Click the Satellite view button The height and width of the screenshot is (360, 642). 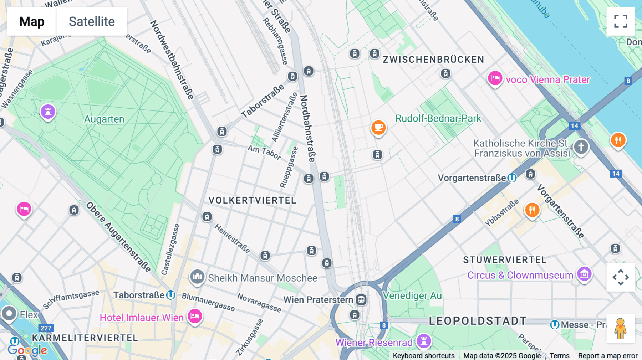pyautogui.click(x=92, y=21)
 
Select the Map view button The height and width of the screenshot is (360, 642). pyautogui.click(x=32, y=21)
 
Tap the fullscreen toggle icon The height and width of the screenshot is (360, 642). pyautogui.click(x=621, y=21)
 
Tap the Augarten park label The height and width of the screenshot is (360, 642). pyautogui.click(x=104, y=119)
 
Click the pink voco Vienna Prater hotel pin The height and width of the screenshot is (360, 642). pyautogui.click(x=495, y=78)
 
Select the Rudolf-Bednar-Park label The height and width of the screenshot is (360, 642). pyautogui.click(x=438, y=118)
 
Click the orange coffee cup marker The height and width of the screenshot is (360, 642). pyautogui.click(x=378, y=127)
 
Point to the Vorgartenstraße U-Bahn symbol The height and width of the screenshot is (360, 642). pyautogui.click(x=512, y=178)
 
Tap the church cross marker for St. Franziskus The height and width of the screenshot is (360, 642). pyautogui.click(x=581, y=146)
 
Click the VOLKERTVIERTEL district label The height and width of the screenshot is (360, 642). pyautogui.click(x=253, y=200)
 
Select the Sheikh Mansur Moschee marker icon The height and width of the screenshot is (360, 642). pyautogui.click(x=197, y=277)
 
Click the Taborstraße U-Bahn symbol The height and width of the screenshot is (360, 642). pyautogui.click(x=171, y=295)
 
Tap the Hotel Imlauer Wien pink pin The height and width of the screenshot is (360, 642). pyautogui.click(x=195, y=316)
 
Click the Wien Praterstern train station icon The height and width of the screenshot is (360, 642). pyautogui.click(x=361, y=300)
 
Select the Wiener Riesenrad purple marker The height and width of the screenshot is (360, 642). pyautogui.click(x=424, y=341)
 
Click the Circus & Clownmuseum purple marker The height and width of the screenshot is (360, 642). pyautogui.click(x=584, y=274)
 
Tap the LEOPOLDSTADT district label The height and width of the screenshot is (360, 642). pyautogui.click(x=478, y=321)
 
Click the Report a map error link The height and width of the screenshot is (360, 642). pyautogui.click(x=607, y=356)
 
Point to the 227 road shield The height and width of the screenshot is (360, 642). pyautogui.click(x=46, y=328)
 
